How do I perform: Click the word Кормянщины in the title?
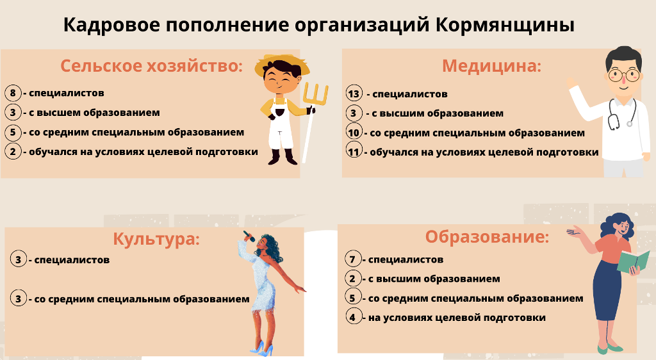coord(505,25)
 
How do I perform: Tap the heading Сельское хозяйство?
coord(151,66)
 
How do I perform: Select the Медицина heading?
coord(491,66)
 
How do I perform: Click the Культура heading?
coord(156,239)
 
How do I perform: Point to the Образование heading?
coord(487,236)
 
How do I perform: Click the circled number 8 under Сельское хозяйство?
coord(13,93)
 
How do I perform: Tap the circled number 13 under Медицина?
coord(354,94)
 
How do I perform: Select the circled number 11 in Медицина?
coord(354,151)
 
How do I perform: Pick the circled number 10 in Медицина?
coord(354,133)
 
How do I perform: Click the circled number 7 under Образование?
coord(353,259)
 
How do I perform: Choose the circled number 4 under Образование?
coord(353,317)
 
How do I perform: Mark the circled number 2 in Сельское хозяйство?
coord(13,151)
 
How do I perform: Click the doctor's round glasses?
coord(624,75)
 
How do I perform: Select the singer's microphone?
coord(249,236)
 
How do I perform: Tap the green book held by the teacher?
coord(634,262)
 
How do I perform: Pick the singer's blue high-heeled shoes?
coord(262,348)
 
